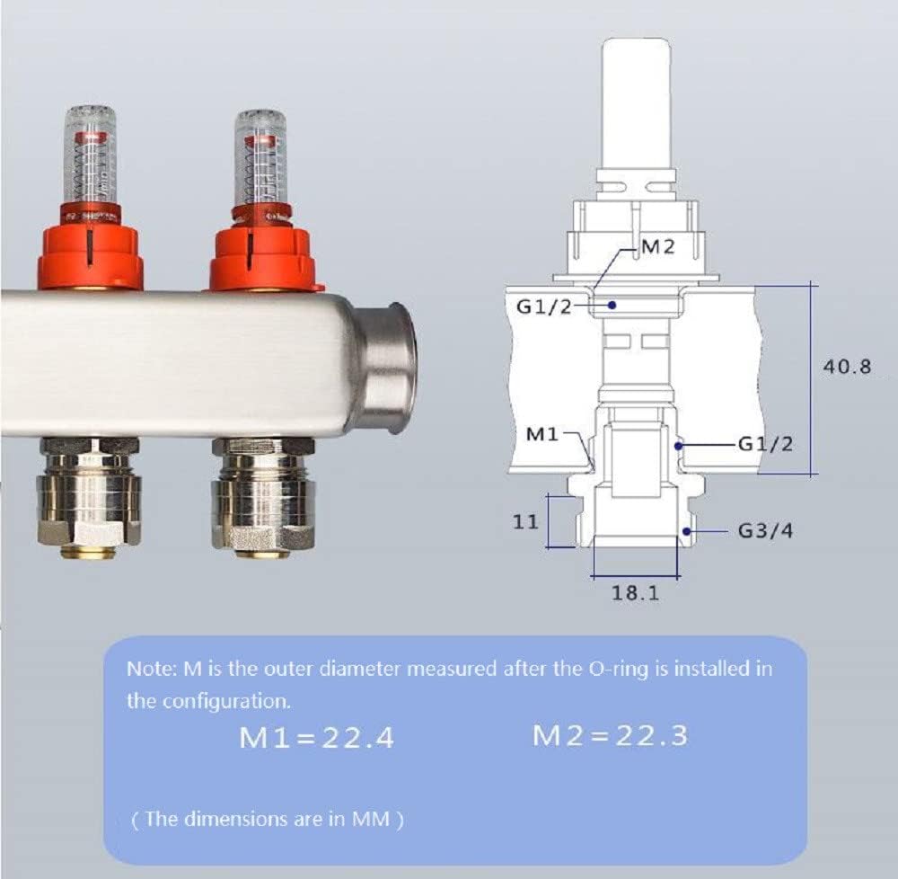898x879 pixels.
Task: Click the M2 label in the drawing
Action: click(x=658, y=246)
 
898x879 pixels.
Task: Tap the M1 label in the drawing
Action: click(x=541, y=434)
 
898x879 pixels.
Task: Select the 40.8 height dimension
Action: click(x=847, y=366)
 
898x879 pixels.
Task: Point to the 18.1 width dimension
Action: click(x=636, y=592)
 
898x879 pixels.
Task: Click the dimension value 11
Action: click(x=525, y=522)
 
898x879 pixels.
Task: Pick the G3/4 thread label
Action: click(x=765, y=531)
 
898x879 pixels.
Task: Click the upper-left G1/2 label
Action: click(x=544, y=307)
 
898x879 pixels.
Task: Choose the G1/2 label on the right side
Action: click(x=765, y=444)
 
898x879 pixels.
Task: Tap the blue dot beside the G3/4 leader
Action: click(x=687, y=532)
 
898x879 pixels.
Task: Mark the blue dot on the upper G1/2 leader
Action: click(x=612, y=305)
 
